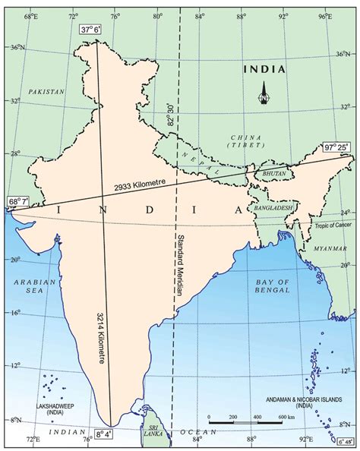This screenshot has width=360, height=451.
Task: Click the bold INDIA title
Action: [x=264, y=69]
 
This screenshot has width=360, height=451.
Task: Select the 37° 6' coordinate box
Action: [x=90, y=30]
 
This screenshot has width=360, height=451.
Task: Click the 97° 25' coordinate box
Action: [x=336, y=147]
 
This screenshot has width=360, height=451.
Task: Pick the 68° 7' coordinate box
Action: [x=17, y=201]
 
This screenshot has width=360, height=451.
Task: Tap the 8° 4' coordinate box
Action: [x=103, y=436]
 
